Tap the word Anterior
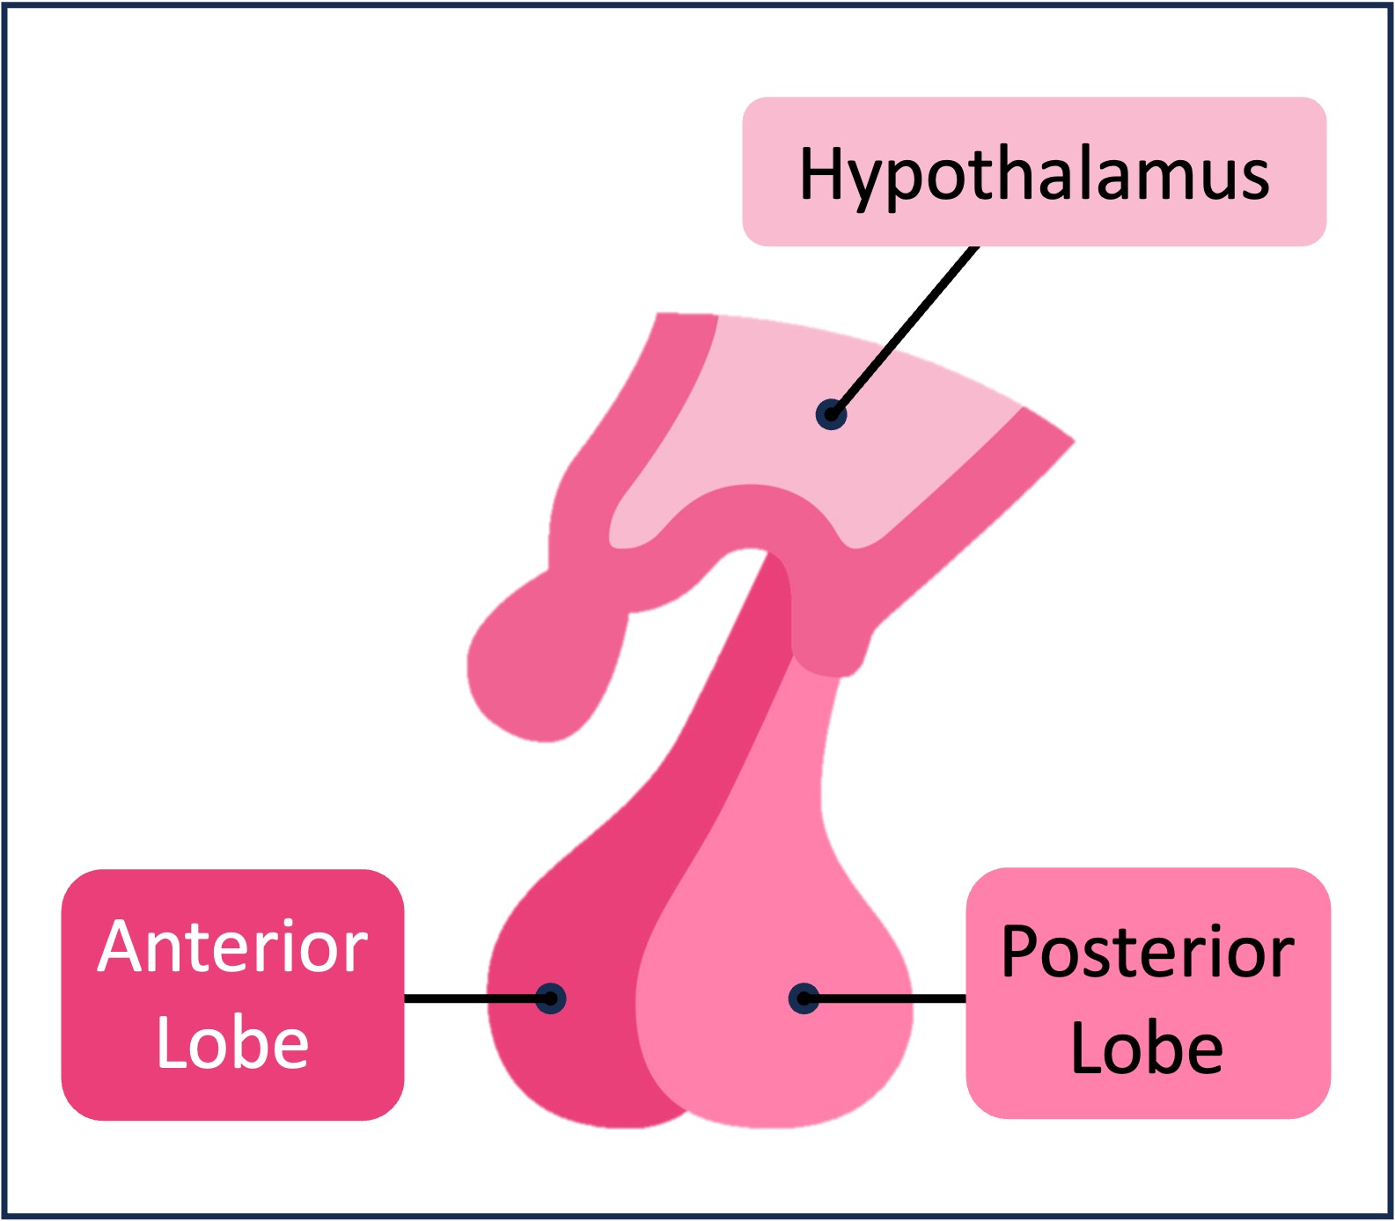[232, 947]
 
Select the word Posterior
[1147, 952]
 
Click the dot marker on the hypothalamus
[831, 413]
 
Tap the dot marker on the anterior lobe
[551, 998]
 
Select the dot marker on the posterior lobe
[804, 998]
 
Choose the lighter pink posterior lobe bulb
[775, 1056]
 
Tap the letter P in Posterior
[1021, 952]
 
